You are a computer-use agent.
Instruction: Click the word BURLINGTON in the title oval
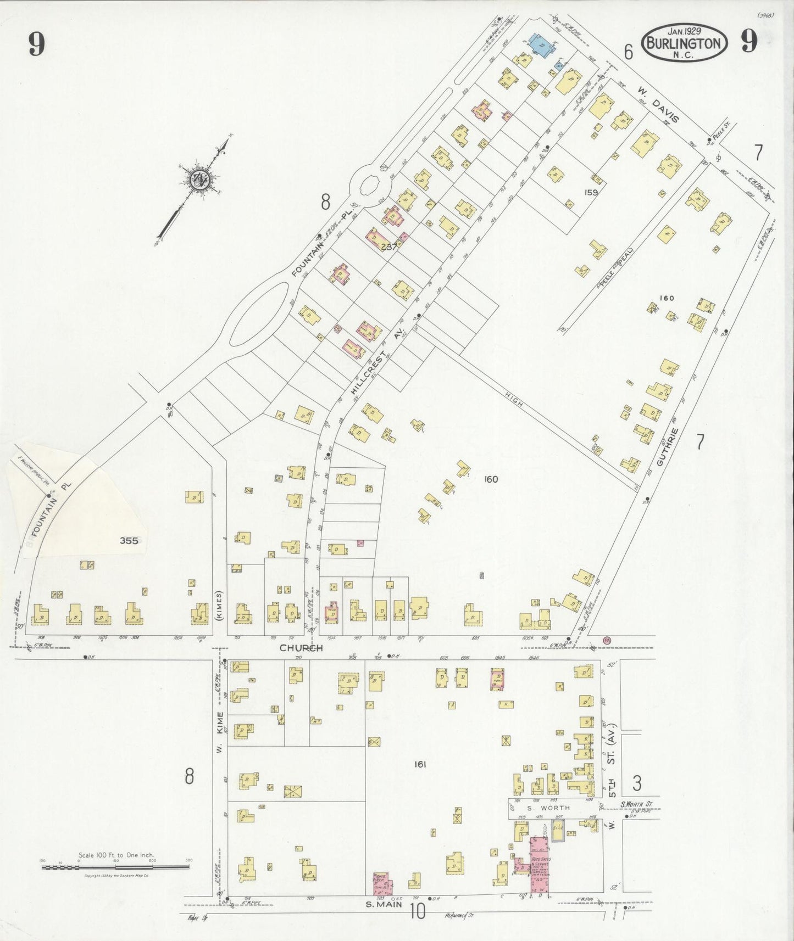pos(684,43)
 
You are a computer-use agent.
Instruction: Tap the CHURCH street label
pos(301,648)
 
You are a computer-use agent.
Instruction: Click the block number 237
pos(388,247)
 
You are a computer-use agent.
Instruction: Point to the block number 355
pos(129,540)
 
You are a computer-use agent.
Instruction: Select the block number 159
pos(591,193)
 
